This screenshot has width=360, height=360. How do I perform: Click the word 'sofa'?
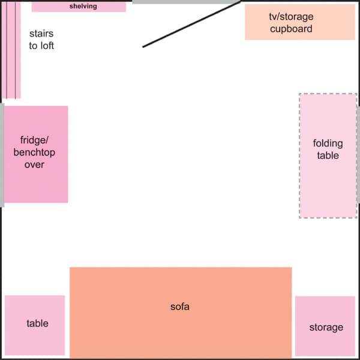point(180,307)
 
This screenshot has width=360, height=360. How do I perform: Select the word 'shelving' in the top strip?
point(79,7)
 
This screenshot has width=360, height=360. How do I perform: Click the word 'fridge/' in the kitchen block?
point(34,142)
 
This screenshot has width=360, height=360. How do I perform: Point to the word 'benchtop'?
point(34,153)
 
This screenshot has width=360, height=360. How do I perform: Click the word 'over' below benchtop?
point(34,164)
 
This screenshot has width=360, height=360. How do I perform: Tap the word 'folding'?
point(328,143)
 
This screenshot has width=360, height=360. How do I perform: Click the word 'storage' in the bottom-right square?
point(326,328)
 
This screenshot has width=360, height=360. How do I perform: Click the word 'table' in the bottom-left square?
point(37,323)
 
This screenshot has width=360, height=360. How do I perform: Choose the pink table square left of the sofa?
point(34,342)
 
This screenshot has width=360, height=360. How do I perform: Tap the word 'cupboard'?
point(291,29)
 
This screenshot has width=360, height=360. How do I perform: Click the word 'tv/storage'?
point(291,17)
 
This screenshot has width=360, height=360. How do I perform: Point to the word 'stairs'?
point(41,34)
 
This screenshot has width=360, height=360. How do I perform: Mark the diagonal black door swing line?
point(192,24)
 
